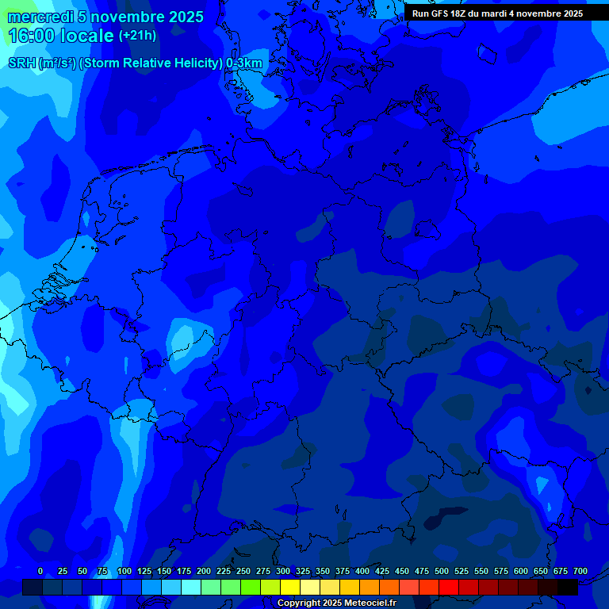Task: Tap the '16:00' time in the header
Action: click(x=32, y=36)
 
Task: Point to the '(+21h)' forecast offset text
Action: click(x=137, y=36)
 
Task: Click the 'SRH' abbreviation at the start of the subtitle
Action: click(x=21, y=63)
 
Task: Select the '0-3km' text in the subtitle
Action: click(x=244, y=63)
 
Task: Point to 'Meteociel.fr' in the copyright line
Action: click(x=365, y=603)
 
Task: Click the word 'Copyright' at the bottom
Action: click(x=298, y=603)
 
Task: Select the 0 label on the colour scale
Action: click(x=40, y=572)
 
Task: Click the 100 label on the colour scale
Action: click(x=124, y=572)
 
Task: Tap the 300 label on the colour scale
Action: click(x=283, y=572)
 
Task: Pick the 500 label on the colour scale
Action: click(x=442, y=572)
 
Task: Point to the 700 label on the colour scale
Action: click(x=580, y=572)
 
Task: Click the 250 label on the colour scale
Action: click(x=243, y=572)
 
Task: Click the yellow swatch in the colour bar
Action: click(x=290, y=587)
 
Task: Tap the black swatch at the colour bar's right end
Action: click(x=568, y=587)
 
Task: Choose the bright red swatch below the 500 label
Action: click(x=449, y=587)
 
